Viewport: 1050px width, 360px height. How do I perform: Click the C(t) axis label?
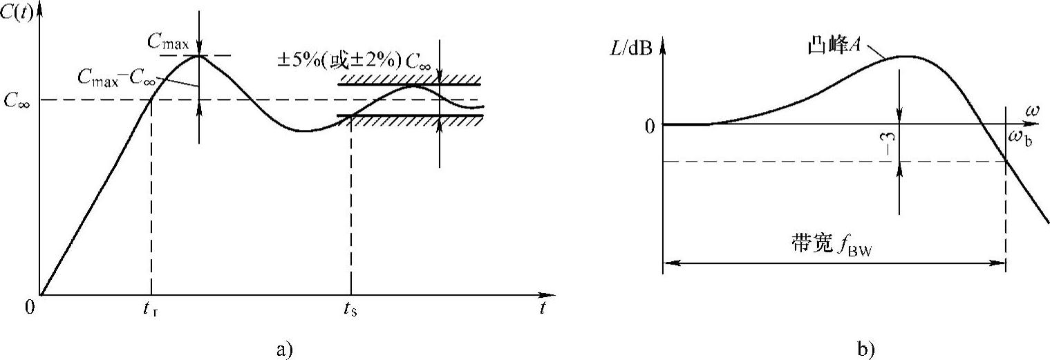pyautogui.click(x=17, y=12)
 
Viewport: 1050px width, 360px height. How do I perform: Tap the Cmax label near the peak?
pyautogui.click(x=168, y=41)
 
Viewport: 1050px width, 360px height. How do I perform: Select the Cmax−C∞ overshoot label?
pyautogui.click(x=116, y=78)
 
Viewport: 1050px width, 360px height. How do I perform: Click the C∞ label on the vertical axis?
pyautogui.click(x=17, y=101)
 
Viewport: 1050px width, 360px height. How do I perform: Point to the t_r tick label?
pyautogui.click(x=151, y=309)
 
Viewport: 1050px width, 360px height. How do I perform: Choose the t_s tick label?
pyautogui.click(x=350, y=309)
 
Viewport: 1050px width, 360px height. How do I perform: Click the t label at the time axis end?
pyautogui.click(x=543, y=307)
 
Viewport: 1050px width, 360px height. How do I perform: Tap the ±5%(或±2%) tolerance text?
pyautogui.click(x=339, y=61)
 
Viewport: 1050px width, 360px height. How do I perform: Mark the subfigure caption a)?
pyautogui.click(x=285, y=349)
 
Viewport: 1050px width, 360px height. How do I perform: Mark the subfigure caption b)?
pyautogui.click(x=865, y=349)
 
